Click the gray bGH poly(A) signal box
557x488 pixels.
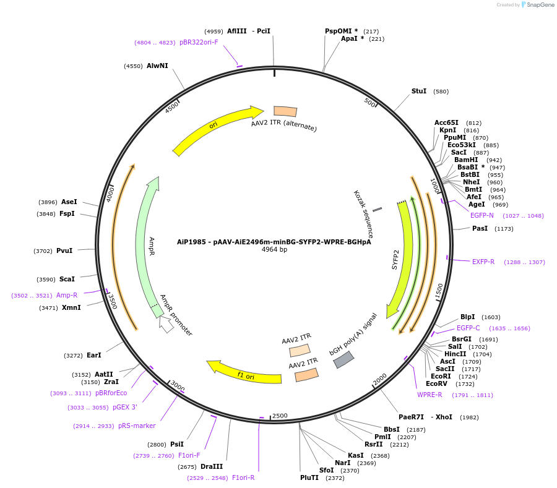coord(343,360)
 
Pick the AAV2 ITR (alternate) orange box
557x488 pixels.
coord(285,111)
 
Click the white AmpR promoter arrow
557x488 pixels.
coord(166,324)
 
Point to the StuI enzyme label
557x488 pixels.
coord(419,91)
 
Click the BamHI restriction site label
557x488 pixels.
coord(466,160)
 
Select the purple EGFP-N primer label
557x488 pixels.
coord(482,215)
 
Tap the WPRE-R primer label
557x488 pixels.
coord(430,395)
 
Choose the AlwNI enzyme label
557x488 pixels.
coord(157,66)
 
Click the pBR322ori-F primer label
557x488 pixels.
coord(199,42)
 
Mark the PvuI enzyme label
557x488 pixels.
coord(64,250)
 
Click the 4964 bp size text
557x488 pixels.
coord(274,250)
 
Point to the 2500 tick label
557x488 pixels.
coord(280,416)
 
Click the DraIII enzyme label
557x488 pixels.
coord(212,466)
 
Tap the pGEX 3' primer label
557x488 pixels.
coord(125,407)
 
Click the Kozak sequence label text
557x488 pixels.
coord(363,214)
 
